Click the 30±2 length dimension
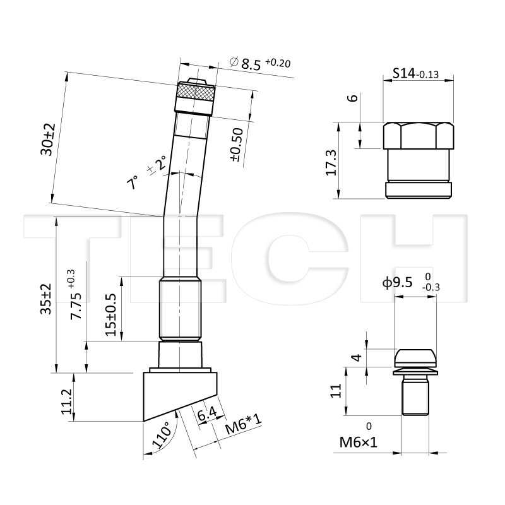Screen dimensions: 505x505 [x=48, y=140]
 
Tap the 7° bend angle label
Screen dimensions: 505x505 [x=133, y=182]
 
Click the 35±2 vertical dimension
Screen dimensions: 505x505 [x=45, y=299]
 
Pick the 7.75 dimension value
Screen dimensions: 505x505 [x=76, y=306]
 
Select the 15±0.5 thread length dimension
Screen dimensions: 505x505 [x=111, y=314]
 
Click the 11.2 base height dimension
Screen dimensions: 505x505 [x=66, y=401]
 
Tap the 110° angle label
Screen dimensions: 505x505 [x=162, y=435]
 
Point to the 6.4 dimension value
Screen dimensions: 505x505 [x=207, y=414]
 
